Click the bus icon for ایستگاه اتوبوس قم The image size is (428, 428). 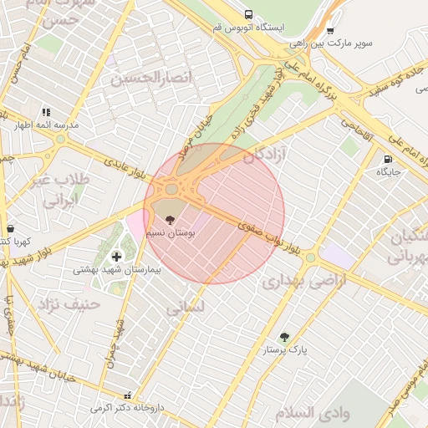(x=248, y=14)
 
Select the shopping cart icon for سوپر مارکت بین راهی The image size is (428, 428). (x=330, y=30)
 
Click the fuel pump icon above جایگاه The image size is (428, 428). (x=387, y=159)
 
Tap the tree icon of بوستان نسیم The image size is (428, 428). (x=171, y=221)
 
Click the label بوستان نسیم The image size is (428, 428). (x=171, y=233)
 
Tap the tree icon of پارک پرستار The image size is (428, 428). (x=284, y=338)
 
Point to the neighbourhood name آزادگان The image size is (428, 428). (x=265, y=155)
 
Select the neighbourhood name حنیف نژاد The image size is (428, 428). (x=75, y=303)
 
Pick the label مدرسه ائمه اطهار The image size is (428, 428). (x=51, y=124)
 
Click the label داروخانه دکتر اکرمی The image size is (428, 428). (x=127, y=408)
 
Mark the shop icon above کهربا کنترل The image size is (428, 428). (x=10, y=228)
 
